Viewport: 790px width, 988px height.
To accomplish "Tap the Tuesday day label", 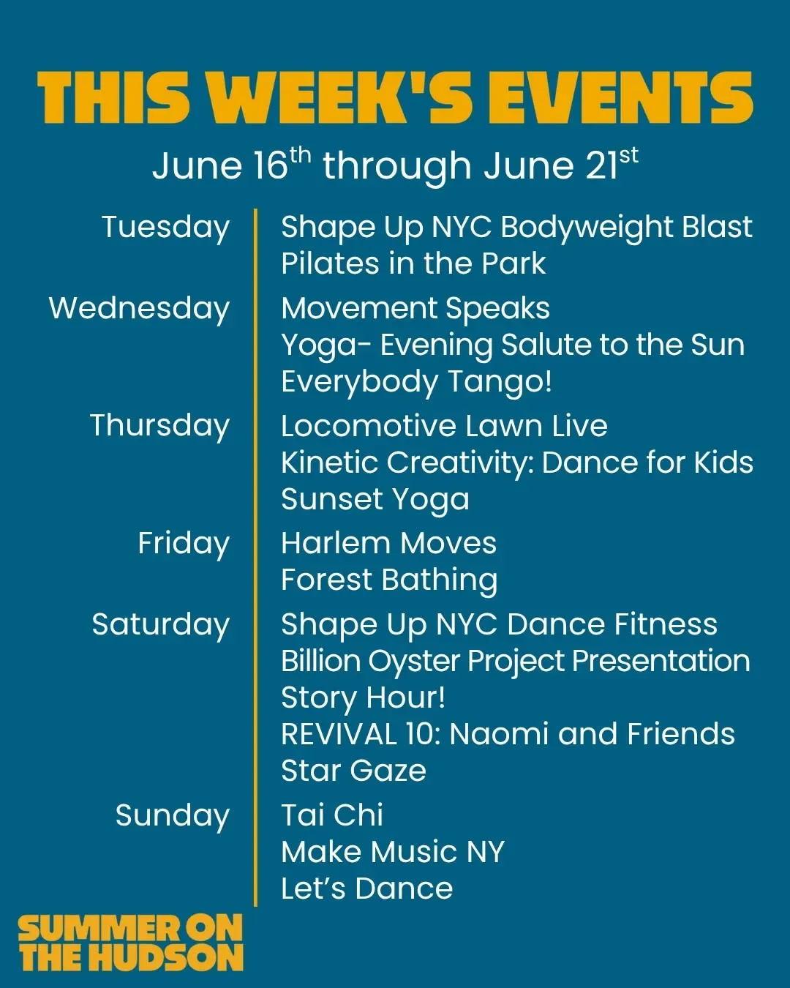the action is (166, 228).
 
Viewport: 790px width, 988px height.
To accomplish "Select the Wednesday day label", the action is (139, 309).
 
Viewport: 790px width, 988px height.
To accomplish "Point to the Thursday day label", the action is (159, 427).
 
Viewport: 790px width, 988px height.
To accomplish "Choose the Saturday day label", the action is (161, 626).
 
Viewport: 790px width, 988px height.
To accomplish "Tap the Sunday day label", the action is (173, 817).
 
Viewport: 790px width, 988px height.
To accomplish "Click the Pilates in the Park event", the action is (413, 263).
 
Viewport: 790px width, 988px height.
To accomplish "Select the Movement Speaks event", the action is (415, 310).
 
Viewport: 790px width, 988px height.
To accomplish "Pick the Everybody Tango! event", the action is (416, 383).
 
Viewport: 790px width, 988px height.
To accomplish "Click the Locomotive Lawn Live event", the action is (444, 426).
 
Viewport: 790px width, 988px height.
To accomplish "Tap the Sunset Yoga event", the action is (375, 501).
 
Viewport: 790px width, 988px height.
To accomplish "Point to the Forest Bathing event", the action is (389, 581).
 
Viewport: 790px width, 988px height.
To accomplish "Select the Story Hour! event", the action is (363, 699).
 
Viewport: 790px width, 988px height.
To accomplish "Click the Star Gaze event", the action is (353, 771).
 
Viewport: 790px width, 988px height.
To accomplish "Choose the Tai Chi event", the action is (332, 816).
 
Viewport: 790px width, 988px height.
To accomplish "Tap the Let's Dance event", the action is (366, 888).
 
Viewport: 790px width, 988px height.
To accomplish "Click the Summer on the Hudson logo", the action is (130, 943).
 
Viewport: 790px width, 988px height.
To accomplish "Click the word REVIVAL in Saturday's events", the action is (339, 735).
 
